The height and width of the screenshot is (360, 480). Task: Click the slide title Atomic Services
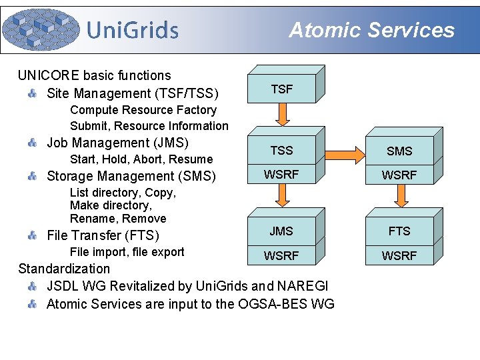click(371, 30)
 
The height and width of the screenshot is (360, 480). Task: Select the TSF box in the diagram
click(281, 89)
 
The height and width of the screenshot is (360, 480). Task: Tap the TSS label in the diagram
click(281, 150)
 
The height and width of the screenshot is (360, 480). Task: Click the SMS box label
click(399, 151)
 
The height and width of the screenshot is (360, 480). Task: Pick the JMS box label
click(281, 231)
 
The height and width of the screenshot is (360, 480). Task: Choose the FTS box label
click(399, 231)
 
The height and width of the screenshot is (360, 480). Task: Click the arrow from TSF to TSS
click(283, 115)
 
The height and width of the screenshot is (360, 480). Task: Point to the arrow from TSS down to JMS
click(283, 195)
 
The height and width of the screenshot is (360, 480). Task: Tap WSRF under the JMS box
click(281, 255)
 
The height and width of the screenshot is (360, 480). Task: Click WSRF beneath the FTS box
click(399, 256)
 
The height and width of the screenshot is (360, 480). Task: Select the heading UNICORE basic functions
click(94, 75)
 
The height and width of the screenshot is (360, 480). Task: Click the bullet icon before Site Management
click(32, 93)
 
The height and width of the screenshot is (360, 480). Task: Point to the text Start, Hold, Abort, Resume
click(141, 159)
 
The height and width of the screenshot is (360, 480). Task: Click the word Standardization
click(64, 269)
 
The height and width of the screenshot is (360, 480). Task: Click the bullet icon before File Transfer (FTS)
click(32, 235)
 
